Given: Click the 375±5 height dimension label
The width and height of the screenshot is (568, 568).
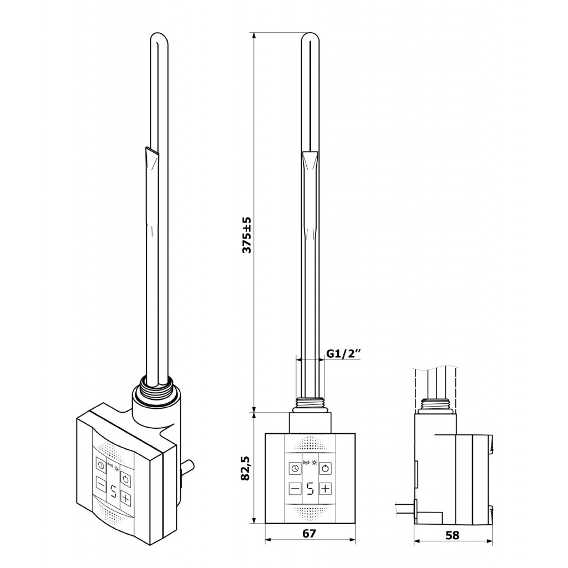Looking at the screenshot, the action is click(x=247, y=235).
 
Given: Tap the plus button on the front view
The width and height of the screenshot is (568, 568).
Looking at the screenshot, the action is click(x=325, y=489).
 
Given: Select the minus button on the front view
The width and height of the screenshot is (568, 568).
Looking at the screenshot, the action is click(x=295, y=489).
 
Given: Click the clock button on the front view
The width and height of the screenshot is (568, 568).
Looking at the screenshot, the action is click(x=295, y=468).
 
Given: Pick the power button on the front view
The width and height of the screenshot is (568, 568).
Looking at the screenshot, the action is click(x=325, y=468).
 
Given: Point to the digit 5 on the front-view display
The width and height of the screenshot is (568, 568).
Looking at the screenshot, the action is click(x=310, y=489).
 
